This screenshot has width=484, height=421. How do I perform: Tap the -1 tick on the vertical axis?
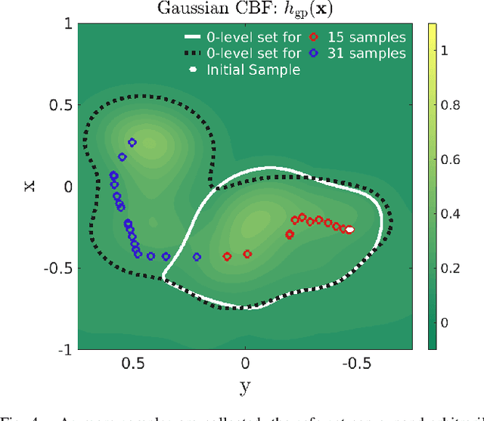pos(67,350)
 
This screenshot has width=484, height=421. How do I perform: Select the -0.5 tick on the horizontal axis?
pos(356,364)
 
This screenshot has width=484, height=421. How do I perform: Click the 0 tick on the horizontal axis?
pos(244,364)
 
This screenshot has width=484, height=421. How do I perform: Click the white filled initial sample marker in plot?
pos(349,230)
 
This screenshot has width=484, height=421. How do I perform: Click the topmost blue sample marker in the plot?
pos(132,142)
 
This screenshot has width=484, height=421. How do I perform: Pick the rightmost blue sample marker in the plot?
pos(197,257)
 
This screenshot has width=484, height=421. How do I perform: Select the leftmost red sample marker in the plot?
pos(227,257)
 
